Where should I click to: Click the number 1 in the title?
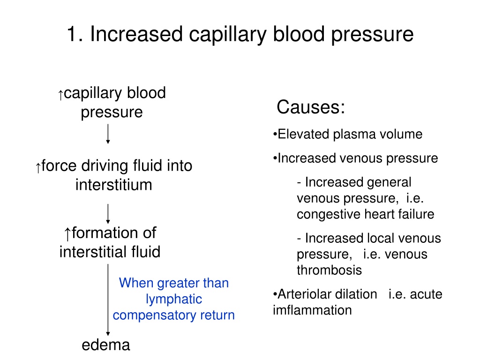pos(72,34)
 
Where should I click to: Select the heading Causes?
pos(311,107)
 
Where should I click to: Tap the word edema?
pos(106,345)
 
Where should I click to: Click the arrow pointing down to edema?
pos(108,300)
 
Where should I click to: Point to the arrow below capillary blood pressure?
pos(108,134)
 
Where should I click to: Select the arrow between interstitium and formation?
pos(108,214)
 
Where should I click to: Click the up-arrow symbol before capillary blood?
pos(60,95)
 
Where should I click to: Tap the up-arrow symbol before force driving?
pos(38,168)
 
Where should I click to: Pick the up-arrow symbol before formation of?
pos(67,234)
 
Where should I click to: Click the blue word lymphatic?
pos(174,299)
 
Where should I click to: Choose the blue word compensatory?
pos(154,315)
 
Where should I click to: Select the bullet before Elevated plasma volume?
pos(275,134)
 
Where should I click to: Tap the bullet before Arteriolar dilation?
pos(275,294)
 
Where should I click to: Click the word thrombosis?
pos(330,270)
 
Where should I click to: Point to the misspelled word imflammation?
pos(312,310)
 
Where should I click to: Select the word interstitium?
pos(114,185)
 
